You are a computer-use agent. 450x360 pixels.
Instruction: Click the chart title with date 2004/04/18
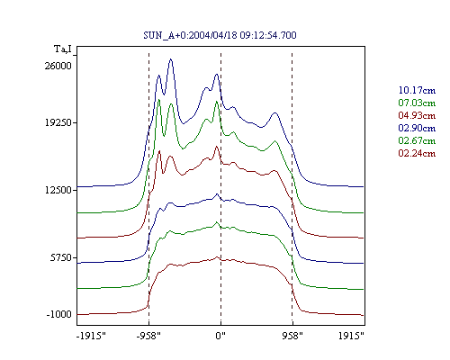point(220,35)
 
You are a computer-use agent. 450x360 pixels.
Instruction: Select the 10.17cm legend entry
point(417,90)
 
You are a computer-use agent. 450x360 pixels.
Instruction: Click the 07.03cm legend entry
point(417,103)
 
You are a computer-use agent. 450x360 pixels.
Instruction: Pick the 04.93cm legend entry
point(417,115)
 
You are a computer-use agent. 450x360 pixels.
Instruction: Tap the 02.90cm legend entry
point(417,128)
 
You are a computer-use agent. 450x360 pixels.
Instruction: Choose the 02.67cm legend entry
point(417,140)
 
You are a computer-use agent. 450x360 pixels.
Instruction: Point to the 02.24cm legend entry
point(417,153)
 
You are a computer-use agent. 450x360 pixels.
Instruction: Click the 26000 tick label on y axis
point(58,66)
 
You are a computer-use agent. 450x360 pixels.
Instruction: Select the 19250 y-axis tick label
point(58,122)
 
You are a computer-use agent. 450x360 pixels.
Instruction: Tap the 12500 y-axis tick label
point(58,190)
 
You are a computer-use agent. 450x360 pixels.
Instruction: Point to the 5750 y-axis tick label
point(61,257)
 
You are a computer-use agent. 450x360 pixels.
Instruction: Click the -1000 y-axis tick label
point(59,314)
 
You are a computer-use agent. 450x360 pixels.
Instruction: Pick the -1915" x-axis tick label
point(91,336)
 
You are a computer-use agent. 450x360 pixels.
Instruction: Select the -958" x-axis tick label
point(148,336)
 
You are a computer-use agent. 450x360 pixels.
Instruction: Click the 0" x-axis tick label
point(220,336)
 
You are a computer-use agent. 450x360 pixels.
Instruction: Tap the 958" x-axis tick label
point(292,336)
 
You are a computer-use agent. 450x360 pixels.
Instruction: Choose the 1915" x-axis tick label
point(351,336)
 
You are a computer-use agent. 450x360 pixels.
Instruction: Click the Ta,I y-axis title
point(63,49)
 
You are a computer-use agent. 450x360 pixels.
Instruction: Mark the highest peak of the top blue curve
point(171,59)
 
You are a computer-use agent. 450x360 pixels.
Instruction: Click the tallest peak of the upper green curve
point(159,99)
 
